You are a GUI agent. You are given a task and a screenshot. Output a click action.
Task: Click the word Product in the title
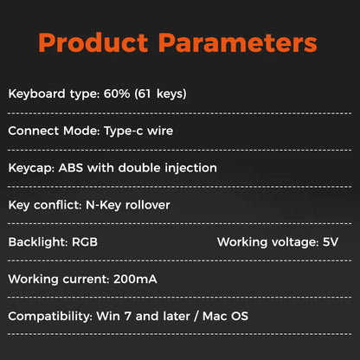(93, 42)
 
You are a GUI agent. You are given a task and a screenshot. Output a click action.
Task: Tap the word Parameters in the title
(238, 42)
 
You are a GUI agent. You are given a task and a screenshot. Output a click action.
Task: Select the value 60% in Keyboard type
(117, 93)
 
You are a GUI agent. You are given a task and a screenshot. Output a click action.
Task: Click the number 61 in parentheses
(145, 93)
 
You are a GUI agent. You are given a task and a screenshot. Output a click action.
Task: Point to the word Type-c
(123, 131)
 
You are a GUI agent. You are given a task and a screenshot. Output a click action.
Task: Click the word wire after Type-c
(160, 131)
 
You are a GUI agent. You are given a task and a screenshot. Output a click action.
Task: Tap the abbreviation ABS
(71, 168)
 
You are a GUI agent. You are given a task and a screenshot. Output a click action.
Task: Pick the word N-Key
(104, 205)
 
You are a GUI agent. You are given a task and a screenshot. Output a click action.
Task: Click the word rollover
(148, 205)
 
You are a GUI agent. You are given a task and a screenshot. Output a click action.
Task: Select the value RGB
(85, 242)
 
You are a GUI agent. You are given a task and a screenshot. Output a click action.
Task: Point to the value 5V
(331, 242)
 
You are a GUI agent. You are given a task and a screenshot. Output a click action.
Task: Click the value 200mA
(135, 280)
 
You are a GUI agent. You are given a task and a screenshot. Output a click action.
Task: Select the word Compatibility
(48, 317)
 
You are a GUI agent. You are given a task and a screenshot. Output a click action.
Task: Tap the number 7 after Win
(128, 317)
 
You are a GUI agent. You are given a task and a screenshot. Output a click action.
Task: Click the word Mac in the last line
(214, 316)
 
